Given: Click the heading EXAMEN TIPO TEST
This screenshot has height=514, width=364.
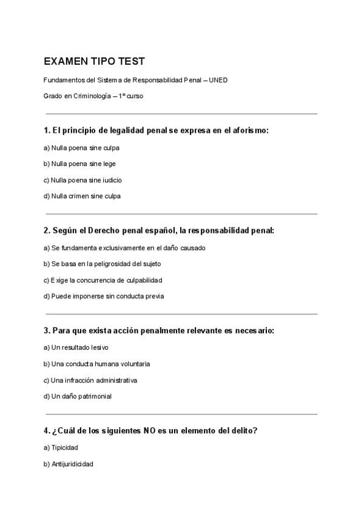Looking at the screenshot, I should tap(94, 62).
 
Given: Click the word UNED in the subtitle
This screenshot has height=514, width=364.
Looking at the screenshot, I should tap(218, 80).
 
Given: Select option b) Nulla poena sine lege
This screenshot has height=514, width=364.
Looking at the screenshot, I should tap(79, 164).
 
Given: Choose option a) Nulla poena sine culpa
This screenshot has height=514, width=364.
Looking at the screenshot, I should tap(81, 147).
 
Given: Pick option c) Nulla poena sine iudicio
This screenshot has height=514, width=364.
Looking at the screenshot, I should tap(83, 180).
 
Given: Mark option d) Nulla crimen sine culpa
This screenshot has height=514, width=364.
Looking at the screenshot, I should tap(82, 196).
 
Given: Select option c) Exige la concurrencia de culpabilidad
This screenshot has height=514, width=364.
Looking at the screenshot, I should tap(103, 280).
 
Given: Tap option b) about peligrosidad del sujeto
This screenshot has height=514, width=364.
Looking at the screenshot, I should tap(102, 264).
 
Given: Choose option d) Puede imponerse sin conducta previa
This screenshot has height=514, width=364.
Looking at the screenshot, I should tap(104, 296).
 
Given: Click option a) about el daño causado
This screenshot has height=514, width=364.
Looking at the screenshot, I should tap(124, 247).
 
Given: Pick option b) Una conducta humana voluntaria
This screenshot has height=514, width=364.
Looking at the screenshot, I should tap(96, 364).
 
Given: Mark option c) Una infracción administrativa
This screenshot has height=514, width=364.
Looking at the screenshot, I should tap(90, 380).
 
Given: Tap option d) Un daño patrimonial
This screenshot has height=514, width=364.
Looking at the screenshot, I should tap(77, 396).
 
